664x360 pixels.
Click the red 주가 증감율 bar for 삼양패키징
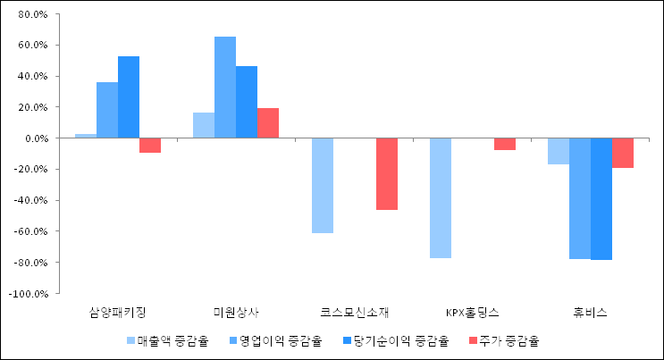tap(149, 146)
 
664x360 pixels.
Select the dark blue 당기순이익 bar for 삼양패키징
tap(129, 97)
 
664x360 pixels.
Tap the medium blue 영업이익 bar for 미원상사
tap(225, 88)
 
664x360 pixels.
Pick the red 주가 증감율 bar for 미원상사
tap(268, 123)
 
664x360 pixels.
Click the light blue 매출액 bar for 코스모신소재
tap(323, 186)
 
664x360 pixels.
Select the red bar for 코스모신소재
tap(387, 174)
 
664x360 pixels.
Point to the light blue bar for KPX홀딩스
tap(441, 198)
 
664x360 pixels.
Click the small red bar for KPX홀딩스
tap(505, 144)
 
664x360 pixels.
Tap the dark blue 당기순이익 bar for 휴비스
tap(601, 198)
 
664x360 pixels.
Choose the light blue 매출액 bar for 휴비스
tap(559, 151)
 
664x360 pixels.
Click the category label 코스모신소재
tap(355, 313)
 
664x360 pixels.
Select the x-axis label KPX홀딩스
tap(473, 313)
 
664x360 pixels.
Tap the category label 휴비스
tap(591, 313)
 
